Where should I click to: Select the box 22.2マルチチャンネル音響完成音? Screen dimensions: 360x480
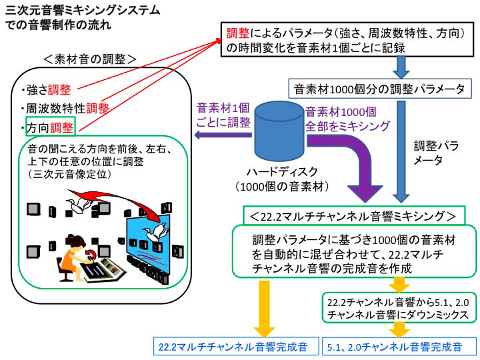(233, 347)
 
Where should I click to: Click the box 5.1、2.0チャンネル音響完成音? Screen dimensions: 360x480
(399, 347)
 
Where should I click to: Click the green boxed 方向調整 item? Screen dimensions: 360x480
(50, 127)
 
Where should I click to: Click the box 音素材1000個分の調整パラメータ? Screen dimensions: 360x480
(381, 88)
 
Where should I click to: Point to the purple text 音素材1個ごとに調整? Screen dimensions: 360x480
(223, 115)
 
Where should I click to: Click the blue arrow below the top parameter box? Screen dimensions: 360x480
(402, 67)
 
